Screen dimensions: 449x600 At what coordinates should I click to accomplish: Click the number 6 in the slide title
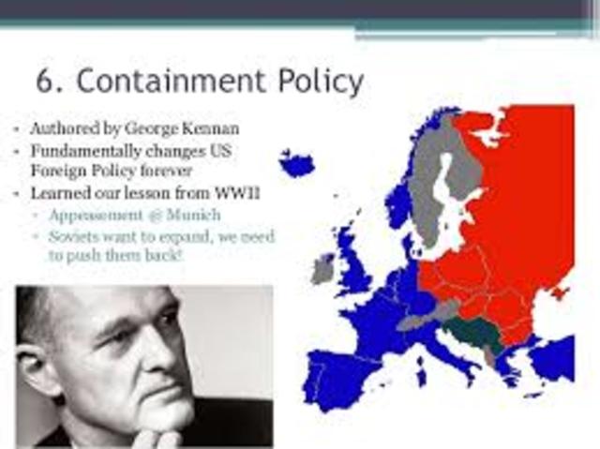point(45,82)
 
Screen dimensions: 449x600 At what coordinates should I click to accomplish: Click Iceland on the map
point(298,165)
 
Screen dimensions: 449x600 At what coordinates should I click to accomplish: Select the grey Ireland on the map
point(324,270)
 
